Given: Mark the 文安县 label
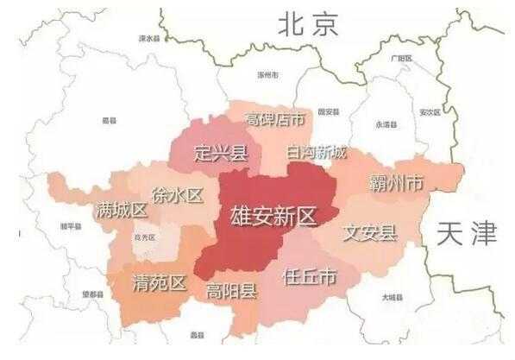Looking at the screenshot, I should (x=369, y=232).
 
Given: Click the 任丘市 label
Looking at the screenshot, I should (x=309, y=276).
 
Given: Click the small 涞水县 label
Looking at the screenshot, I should (x=150, y=39).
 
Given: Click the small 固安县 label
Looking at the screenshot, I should (x=328, y=112).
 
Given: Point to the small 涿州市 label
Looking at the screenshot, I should (x=268, y=75).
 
